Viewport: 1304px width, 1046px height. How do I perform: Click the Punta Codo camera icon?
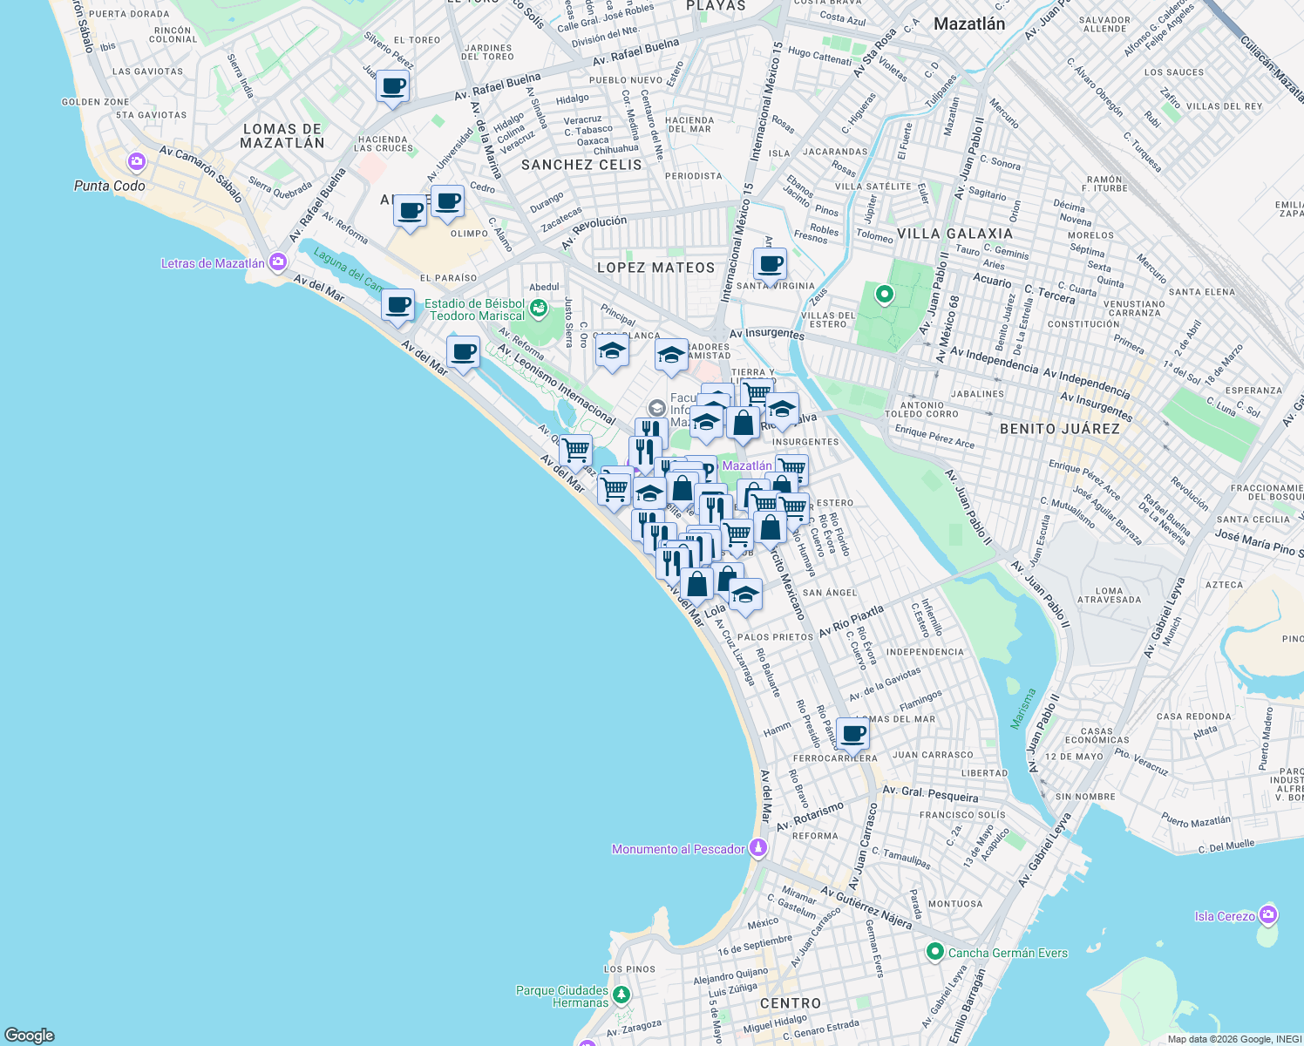click(136, 161)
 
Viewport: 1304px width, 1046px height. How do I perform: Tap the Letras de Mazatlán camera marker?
click(278, 261)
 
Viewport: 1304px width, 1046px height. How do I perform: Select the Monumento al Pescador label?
click(678, 849)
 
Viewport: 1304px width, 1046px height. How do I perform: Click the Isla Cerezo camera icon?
click(1268, 914)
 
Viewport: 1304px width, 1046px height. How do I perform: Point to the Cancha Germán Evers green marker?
click(935, 952)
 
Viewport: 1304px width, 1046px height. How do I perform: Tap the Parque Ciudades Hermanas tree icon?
click(621, 994)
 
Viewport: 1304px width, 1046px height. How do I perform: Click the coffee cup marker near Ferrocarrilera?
click(852, 733)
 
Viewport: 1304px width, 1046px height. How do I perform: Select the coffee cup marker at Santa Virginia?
click(770, 264)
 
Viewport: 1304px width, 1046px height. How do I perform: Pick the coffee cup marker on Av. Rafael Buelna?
click(393, 86)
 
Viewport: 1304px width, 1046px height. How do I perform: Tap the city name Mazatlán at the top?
click(968, 24)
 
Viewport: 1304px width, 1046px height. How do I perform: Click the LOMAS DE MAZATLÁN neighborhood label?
click(282, 136)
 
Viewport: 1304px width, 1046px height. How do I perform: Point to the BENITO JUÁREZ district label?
click(1059, 429)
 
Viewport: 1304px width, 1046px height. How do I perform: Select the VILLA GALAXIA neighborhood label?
click(954, 234)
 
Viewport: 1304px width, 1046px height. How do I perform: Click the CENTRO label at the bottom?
click(790, 1003)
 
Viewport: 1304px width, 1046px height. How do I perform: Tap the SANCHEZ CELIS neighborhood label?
click(581, 165)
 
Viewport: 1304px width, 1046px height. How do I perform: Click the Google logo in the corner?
click(30, 1035)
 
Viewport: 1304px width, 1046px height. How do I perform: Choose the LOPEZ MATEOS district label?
click(655, 268)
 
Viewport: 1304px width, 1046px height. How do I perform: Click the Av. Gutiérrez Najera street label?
click(866, 907)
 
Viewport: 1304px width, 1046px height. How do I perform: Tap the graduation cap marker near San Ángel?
click(744, 594)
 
